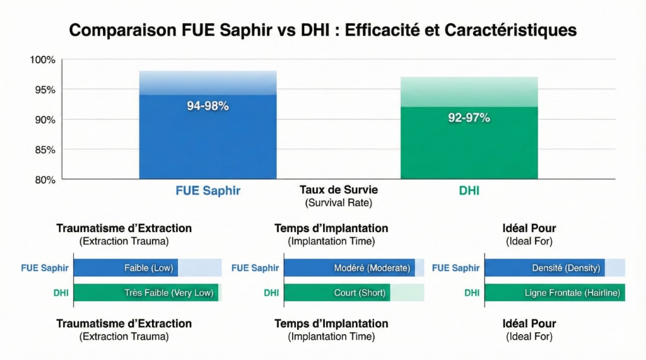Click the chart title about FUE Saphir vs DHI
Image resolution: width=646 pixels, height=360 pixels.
[322, 30]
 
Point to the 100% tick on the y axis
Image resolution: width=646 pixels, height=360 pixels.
[42, 60]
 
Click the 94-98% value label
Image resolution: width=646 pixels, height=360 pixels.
[208, 106]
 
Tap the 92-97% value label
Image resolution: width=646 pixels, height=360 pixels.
[469, 118]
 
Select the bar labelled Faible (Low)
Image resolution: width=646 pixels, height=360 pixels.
[126, 268]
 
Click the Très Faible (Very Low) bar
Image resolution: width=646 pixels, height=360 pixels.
[146, 293]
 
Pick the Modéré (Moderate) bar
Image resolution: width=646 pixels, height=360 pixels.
[349, 268]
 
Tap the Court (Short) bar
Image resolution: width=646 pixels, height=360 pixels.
[337, 293]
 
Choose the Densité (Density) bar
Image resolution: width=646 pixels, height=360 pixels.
[544, 268]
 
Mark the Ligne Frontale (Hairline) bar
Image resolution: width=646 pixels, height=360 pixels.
[555, 293]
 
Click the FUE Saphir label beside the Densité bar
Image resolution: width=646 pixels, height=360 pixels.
[455, 268]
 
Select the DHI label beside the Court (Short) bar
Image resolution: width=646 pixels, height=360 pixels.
[271, 293]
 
